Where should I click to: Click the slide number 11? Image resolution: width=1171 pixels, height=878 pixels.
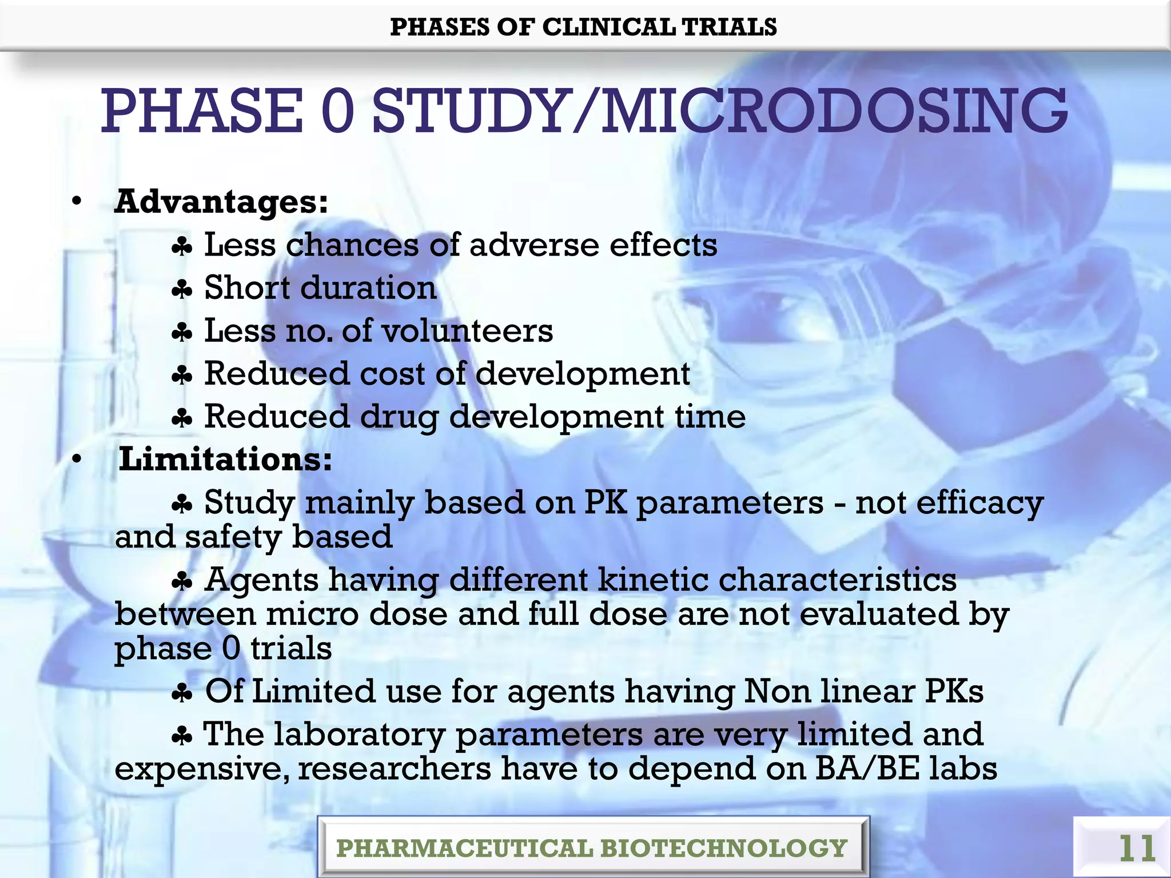tap(1137, 848)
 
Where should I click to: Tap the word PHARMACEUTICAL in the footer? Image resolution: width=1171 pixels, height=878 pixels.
tap(464, 848)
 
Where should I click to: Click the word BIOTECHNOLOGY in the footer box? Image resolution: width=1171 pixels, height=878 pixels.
tap(723, 848)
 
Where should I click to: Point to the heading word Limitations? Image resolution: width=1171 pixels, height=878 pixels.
tap(225, 459)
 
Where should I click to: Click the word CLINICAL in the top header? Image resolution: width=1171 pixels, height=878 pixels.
tap(608, 27)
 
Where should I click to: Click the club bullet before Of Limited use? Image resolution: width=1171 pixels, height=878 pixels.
tap(182, 694)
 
